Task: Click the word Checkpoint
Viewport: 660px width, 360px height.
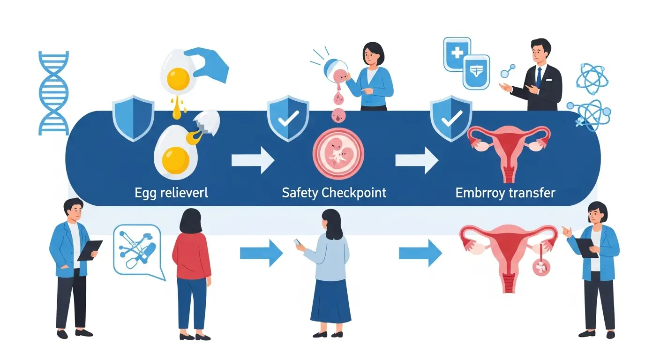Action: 354,192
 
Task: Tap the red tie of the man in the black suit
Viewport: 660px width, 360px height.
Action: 539,77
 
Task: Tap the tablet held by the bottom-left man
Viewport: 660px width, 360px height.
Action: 90,250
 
